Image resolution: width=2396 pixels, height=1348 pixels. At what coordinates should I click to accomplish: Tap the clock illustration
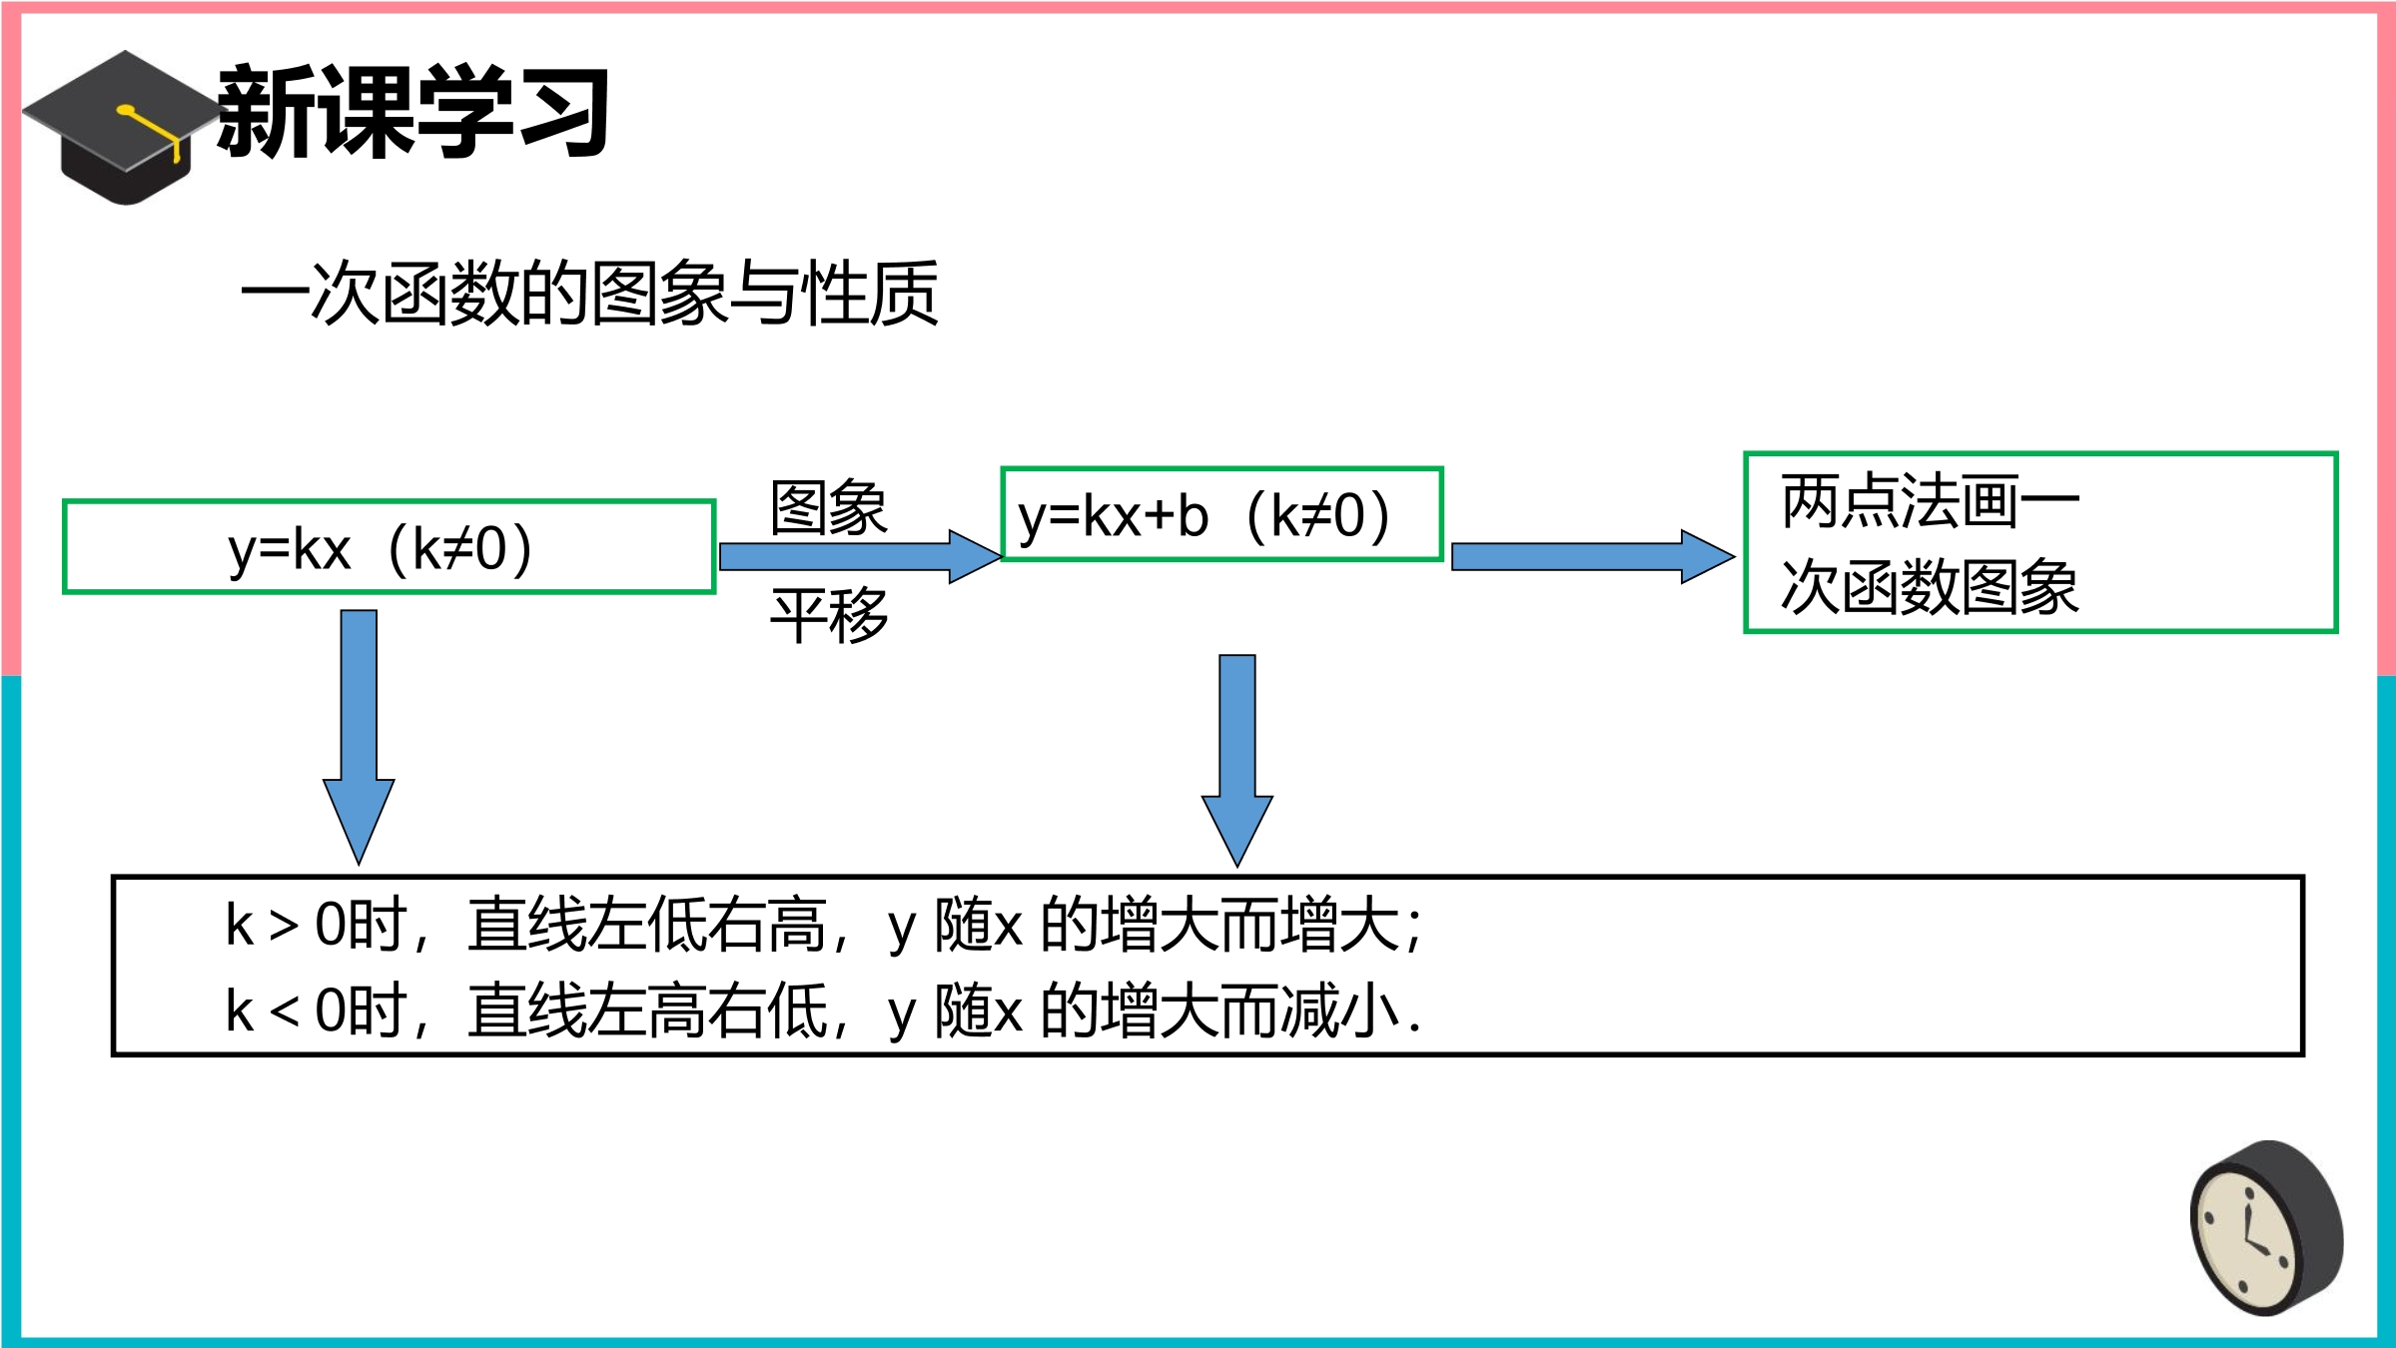(2266, 1227)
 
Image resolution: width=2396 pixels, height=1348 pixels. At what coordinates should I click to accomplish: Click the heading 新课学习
(412, 111)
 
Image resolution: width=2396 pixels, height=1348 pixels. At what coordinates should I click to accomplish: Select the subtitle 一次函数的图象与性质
(589, 294)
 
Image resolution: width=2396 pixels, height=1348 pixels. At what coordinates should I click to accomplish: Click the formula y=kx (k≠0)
(381, 549)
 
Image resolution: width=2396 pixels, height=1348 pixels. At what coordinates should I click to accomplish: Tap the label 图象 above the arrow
(828, 508)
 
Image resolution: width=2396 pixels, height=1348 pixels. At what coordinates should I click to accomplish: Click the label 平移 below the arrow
(828, 615)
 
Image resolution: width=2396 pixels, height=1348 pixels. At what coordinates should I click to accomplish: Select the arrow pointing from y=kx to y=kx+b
(860, 556)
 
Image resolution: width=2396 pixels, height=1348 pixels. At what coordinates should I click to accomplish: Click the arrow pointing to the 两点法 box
(1593, 556)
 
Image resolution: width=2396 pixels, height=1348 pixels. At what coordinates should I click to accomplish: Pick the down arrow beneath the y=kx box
(359, 737)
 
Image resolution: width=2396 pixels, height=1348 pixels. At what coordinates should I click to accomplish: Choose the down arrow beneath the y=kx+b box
(1236, 761)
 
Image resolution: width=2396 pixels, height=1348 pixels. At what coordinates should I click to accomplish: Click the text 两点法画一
(1930, 501)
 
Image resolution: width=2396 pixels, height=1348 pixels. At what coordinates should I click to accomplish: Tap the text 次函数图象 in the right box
(1930, 587)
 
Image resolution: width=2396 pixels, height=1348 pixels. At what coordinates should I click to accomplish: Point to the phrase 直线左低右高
(646, 925)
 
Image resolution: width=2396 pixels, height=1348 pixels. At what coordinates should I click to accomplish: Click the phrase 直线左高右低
(646, 1011)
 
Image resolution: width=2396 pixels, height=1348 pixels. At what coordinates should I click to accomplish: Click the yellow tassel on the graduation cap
(150, 130)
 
